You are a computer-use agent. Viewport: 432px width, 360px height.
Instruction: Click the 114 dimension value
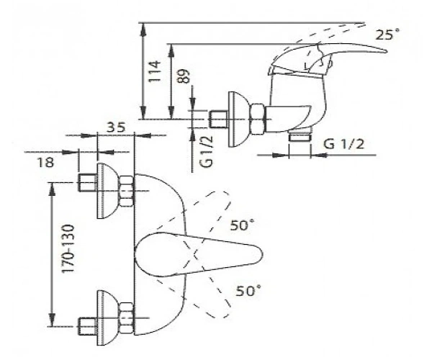point(154,71)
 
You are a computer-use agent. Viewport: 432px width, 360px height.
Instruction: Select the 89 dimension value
point(183,76)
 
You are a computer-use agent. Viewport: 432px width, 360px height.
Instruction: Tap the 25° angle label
point(387,35)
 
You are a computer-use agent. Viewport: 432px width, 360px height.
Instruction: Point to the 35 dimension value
point(116,127)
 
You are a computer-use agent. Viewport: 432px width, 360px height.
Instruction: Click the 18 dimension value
point(45,163)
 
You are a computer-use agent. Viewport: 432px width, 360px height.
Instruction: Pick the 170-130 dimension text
point(68,248)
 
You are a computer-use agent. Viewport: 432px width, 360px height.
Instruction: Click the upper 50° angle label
point(243,225)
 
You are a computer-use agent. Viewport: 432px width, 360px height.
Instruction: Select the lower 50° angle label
point(248,291)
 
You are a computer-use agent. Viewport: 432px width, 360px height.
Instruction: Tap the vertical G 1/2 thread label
point(207,150)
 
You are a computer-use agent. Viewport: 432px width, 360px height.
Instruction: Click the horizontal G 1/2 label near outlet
point(343,144)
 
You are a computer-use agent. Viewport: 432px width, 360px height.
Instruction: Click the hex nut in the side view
point(258,119)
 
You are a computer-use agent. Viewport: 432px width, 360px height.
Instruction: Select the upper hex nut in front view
point(127,191)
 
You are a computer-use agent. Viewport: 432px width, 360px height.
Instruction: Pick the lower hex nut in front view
point(127,318)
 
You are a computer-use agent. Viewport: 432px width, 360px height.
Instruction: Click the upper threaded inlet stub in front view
point(88,182)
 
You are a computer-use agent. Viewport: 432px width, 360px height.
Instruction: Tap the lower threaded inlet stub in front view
point(88,327)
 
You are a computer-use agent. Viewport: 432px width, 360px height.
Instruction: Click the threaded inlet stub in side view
point(218,120)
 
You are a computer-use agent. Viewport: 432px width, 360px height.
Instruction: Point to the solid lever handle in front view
point(199,254)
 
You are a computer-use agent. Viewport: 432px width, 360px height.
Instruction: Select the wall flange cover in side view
point(238,119)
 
